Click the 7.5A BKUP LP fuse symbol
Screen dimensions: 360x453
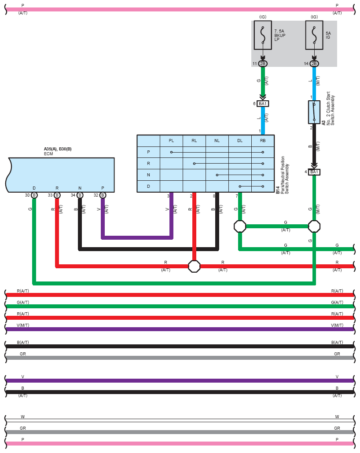point(263,35)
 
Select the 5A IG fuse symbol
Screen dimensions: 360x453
point(314,35)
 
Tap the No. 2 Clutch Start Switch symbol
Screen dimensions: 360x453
point(314,112)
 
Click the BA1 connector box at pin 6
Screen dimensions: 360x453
point(263,104)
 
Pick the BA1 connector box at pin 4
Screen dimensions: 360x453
point(314,172)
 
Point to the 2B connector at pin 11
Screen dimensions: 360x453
point(263,64)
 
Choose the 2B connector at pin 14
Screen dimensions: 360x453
point(314,64)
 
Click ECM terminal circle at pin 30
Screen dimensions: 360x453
point(34,195)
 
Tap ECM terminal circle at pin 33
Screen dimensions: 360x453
point(57,195)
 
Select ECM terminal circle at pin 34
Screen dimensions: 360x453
point(80,195)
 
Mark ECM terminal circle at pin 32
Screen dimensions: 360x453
point(103,195)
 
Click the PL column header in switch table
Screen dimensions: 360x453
point(172,141)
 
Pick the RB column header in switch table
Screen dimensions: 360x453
point(263,141)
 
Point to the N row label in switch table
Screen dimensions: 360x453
point(149,175)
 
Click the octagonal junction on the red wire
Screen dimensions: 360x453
point(195,267)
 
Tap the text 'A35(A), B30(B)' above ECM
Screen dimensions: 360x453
point(58,149)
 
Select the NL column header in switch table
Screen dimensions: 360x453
point(217,141)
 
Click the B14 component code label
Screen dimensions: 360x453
point(278,190)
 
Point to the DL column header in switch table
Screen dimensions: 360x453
point(240,141)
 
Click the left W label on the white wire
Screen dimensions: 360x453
point(23,417)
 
